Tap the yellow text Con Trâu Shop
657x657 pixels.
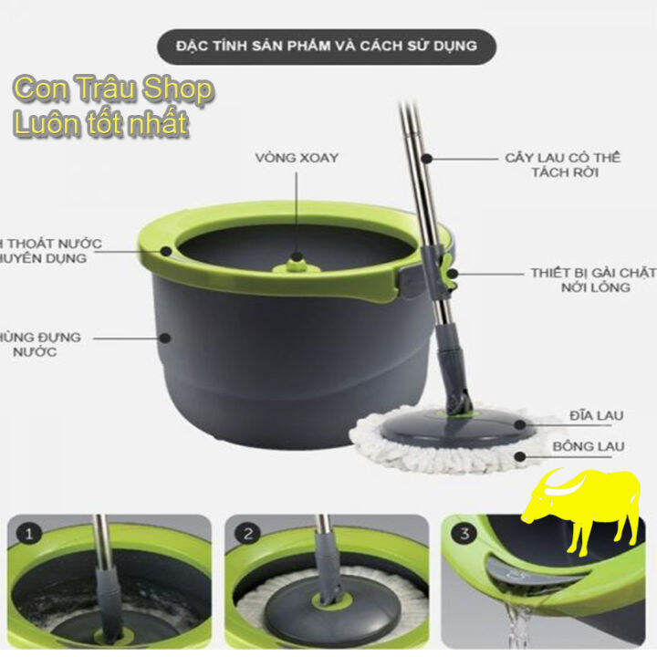[x=113, y=90]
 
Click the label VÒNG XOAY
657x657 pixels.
[x=297, y=159]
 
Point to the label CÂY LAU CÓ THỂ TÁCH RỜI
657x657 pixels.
[x=562, y=164]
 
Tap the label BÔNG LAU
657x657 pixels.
[x=588, y=447]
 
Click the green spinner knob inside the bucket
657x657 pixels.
[x=296, y=263]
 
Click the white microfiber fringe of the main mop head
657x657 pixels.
[x=383, y=447]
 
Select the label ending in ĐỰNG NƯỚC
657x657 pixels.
[x=41, y=344]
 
